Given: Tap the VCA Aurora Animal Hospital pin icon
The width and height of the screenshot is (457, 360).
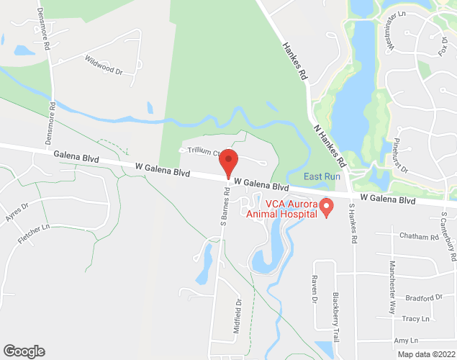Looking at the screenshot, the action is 326,207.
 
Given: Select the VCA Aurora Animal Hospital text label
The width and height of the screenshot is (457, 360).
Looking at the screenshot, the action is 281,207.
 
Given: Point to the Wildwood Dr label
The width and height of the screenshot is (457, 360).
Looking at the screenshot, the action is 104,66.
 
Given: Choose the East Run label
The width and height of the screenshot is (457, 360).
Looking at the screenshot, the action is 321,176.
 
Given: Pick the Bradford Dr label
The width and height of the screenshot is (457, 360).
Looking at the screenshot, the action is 423,297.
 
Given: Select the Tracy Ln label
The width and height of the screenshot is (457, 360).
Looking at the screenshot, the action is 416,318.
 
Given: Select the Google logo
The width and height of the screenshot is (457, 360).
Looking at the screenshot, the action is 23,351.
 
